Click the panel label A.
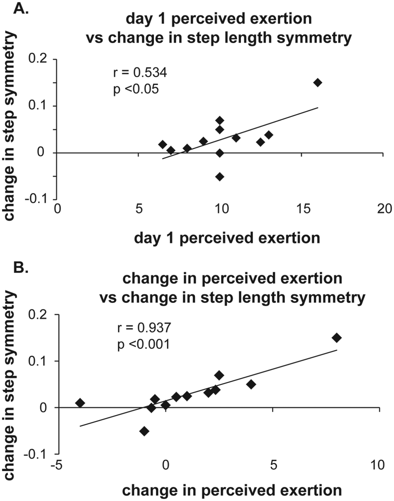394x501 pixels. [21, 8]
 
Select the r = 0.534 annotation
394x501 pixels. [140, 73]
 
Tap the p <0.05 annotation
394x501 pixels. [136, 89]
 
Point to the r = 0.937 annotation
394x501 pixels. [144, 328]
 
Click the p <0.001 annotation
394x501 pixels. [143, 344]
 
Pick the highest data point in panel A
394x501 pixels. [318, 83]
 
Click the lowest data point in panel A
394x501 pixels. [219, 177]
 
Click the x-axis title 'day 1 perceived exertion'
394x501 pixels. [227, 238]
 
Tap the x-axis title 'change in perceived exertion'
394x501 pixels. [232, 491]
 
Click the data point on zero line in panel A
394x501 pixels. [219, 153]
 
